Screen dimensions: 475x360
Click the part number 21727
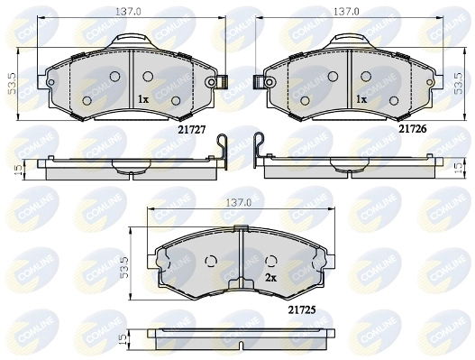(191, 130)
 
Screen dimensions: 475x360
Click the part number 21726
(412, 129)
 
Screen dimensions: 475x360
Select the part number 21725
(302, 309)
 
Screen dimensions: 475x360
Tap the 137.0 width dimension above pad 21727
(128, 12)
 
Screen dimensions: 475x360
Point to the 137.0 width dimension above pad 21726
(346, 12)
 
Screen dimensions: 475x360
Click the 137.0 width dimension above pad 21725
(239, 203)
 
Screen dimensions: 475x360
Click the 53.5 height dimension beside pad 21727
(12, 84)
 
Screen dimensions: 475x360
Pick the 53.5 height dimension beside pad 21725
(123, 267)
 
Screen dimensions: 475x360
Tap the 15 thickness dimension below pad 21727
(19, 170)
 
